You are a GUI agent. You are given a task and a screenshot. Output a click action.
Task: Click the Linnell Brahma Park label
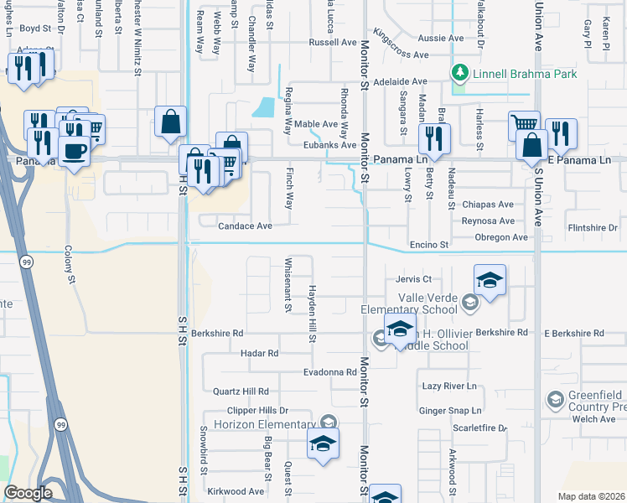525,75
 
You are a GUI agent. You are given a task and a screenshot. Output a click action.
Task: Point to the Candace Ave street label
245,226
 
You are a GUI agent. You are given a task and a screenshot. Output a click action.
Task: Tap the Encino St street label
430,245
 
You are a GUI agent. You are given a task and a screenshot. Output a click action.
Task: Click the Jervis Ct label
413,279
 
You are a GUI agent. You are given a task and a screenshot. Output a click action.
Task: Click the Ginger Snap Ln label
452,411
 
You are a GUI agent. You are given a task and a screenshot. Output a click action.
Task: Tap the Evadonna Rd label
330,371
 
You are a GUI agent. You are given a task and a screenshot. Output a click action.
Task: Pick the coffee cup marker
75,151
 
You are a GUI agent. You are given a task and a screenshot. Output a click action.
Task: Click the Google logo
28,493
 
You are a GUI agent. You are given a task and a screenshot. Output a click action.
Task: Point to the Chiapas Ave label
488,205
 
